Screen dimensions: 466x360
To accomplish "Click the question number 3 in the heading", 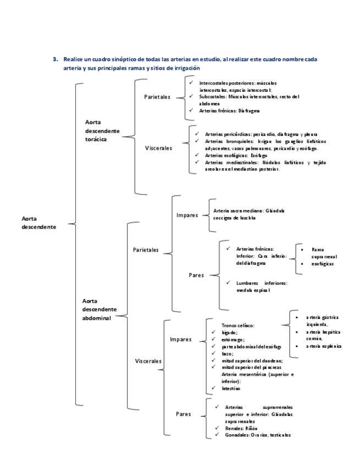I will pos(54,58).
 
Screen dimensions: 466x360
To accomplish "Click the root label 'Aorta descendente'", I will pos(38,223).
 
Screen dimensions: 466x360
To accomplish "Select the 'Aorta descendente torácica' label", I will pos(101,131).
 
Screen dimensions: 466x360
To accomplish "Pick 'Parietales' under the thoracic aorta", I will pos(157,97).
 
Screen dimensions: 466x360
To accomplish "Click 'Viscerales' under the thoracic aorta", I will pos(158,148).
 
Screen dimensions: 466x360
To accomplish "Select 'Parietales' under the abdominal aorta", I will pos(146,249).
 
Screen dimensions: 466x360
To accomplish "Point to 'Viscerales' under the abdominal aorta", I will pos(148,361).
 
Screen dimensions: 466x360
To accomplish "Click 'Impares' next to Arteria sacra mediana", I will pos(187,215).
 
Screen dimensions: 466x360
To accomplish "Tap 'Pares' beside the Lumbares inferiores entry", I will pos(196,275).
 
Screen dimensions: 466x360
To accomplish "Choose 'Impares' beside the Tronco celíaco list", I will pos(181,339).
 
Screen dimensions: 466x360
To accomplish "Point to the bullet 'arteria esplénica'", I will pos(324,346).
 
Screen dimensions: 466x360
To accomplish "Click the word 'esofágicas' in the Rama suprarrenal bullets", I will pos(322,264).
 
